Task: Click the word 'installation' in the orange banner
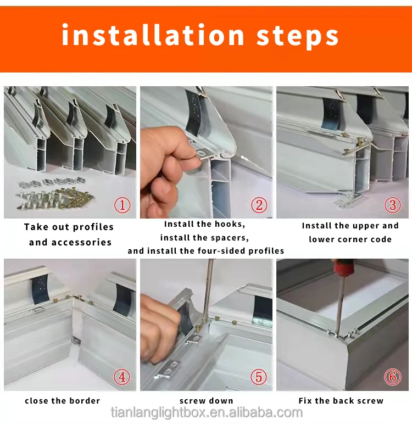pos(153,35)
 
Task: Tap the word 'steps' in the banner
pos(298,37)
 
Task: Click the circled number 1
pos(123,205)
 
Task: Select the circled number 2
pos(259,205)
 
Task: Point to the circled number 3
pos(392,205)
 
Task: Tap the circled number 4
pos(122,377)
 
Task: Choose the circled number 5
pos(259,377)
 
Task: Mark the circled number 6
pos(392,377)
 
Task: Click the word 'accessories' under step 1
pos(81,242)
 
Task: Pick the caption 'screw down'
pos(207,401)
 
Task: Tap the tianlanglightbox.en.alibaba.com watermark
pos(207,412)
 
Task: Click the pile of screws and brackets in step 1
pos(55,194)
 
